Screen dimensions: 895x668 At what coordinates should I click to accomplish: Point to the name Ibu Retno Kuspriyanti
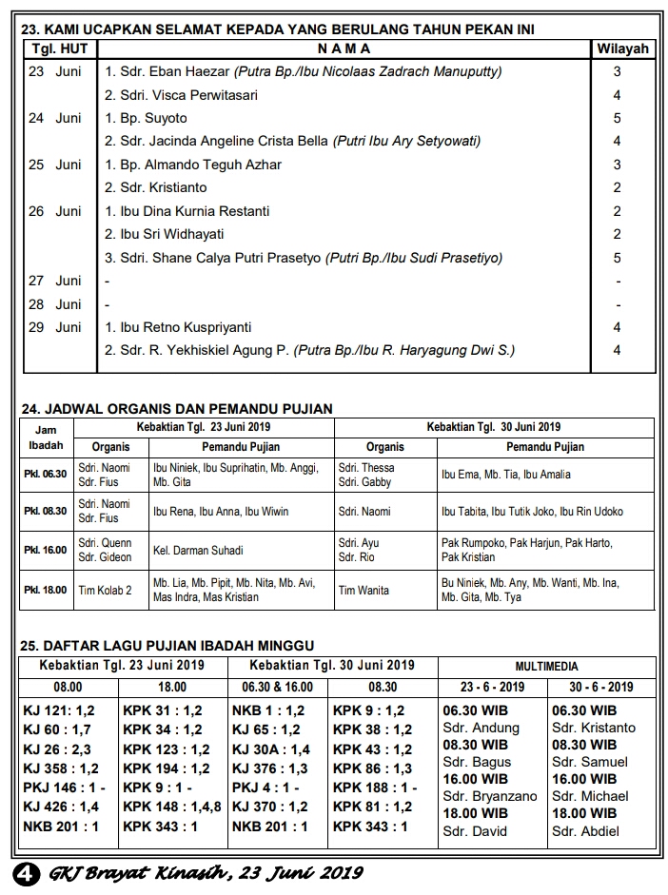click(x=177, y=327)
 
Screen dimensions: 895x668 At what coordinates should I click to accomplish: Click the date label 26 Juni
click(x=55, y=211)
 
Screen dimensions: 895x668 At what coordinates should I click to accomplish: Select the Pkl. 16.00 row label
click(x=46, y=550)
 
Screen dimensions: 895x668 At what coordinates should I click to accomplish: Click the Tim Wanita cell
click(x=363, y=590)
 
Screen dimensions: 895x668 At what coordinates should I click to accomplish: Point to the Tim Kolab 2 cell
click(x=105, y=590)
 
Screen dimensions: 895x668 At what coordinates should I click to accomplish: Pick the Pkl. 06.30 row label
click(x=46, y=474)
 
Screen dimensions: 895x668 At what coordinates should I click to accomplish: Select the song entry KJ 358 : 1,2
click(x=61, y=769)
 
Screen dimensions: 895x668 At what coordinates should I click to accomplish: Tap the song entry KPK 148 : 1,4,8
click(x=172, y=808)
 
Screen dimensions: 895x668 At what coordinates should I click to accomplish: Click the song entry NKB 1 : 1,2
click(x=268, y=710)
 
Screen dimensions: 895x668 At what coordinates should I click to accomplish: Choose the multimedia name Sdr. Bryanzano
click(x=490, y=796)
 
